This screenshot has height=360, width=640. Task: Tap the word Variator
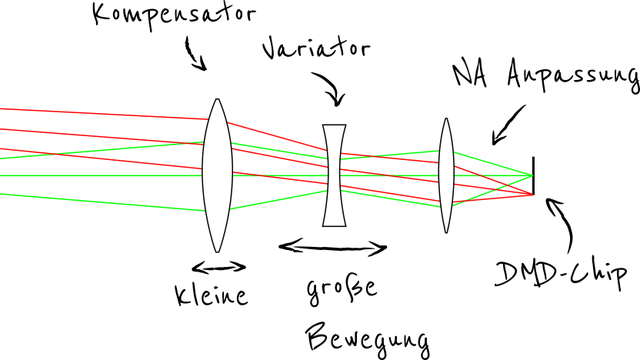[x=316, y=49]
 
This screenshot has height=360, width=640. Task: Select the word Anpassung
[x=573, y=75]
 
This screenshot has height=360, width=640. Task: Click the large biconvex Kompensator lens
[x=218, y=175]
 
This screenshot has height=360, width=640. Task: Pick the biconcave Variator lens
[x=335, y=175]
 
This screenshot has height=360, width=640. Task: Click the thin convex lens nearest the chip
[x=445, y=175]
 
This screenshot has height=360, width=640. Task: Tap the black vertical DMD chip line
[x=533, y=175]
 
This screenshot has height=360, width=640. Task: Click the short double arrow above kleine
[x=218, y=267]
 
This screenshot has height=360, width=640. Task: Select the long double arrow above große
[x=332, y=247]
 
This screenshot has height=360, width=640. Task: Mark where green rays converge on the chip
[x=532, y=175]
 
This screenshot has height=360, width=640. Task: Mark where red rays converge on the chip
[x=532, y=194]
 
